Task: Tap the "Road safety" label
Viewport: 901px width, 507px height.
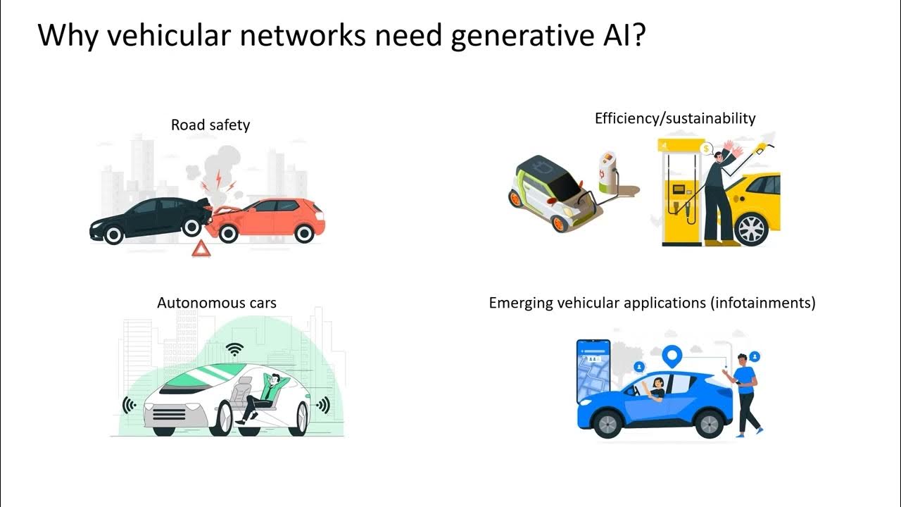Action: (210, 125)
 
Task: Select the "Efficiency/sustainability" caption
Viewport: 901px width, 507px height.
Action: (674, 118)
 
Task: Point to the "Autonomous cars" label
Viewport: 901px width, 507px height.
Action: (217, 303)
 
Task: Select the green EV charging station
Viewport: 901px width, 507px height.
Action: (606, 172)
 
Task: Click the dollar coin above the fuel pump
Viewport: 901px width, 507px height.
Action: (705, 148)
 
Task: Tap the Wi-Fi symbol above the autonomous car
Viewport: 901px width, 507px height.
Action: (235, 349)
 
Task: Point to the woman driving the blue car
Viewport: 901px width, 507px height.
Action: (657, 389)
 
